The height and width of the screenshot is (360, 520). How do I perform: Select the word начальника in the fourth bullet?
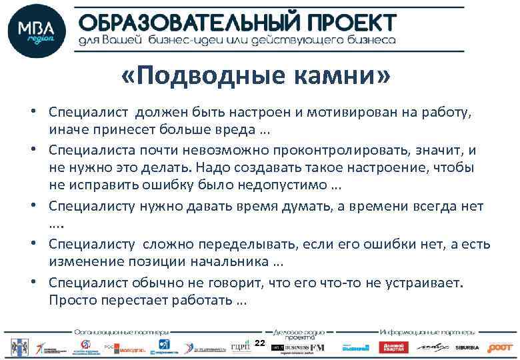point(226,259)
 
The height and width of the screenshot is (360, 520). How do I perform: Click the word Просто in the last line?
point(72,301)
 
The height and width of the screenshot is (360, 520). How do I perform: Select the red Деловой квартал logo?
point(393,347)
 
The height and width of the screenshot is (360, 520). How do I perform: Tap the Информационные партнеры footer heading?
point(427,331)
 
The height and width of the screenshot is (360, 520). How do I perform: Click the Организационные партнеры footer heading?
point(121,331)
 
